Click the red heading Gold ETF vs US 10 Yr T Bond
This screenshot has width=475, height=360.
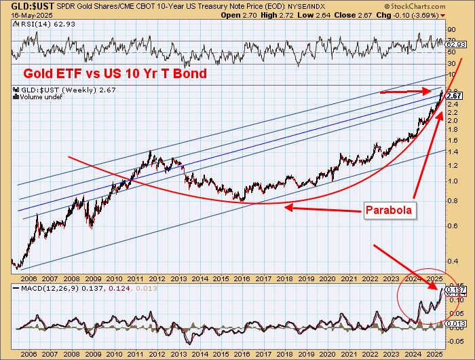coord(115,73)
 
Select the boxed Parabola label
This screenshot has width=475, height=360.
coord(389,210)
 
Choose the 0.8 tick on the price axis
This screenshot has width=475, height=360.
coord(453,200)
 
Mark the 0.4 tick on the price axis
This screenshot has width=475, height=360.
coord(453,261)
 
